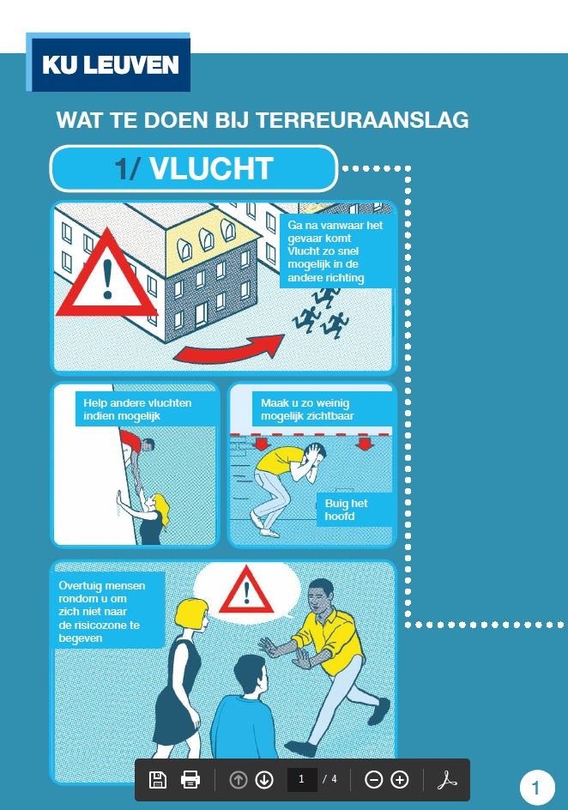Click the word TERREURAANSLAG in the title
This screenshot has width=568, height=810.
[362, 120]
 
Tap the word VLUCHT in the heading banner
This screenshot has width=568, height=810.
[211, 168]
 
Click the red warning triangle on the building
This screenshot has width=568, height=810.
[107, 274]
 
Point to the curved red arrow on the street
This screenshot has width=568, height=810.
[227, 350]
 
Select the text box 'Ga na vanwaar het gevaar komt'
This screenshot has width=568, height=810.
[336, 251]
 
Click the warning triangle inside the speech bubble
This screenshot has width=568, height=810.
[246, 589]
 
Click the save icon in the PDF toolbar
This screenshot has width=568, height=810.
[158, 779]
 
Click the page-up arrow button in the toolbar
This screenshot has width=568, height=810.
[238, 779]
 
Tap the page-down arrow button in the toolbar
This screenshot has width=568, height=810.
[264, 779]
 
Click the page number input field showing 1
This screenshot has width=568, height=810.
[302, 779]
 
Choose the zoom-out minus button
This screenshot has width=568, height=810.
[373, 779]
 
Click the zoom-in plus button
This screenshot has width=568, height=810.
[400, 779]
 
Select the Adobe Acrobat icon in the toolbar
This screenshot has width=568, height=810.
[447, 779]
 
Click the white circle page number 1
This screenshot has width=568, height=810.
[537, 789]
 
